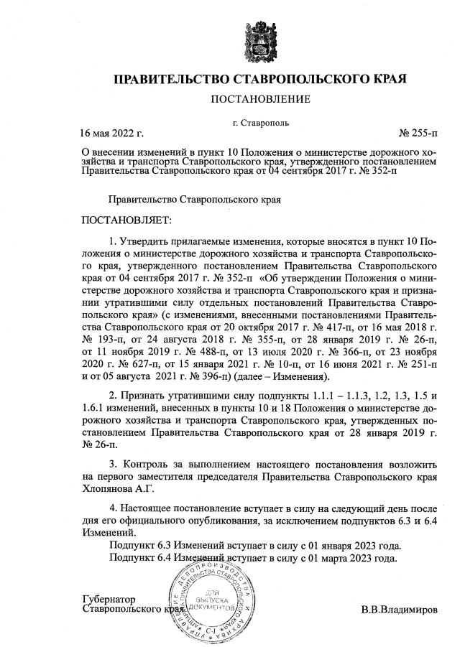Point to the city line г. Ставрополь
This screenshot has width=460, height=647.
point(262,123)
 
